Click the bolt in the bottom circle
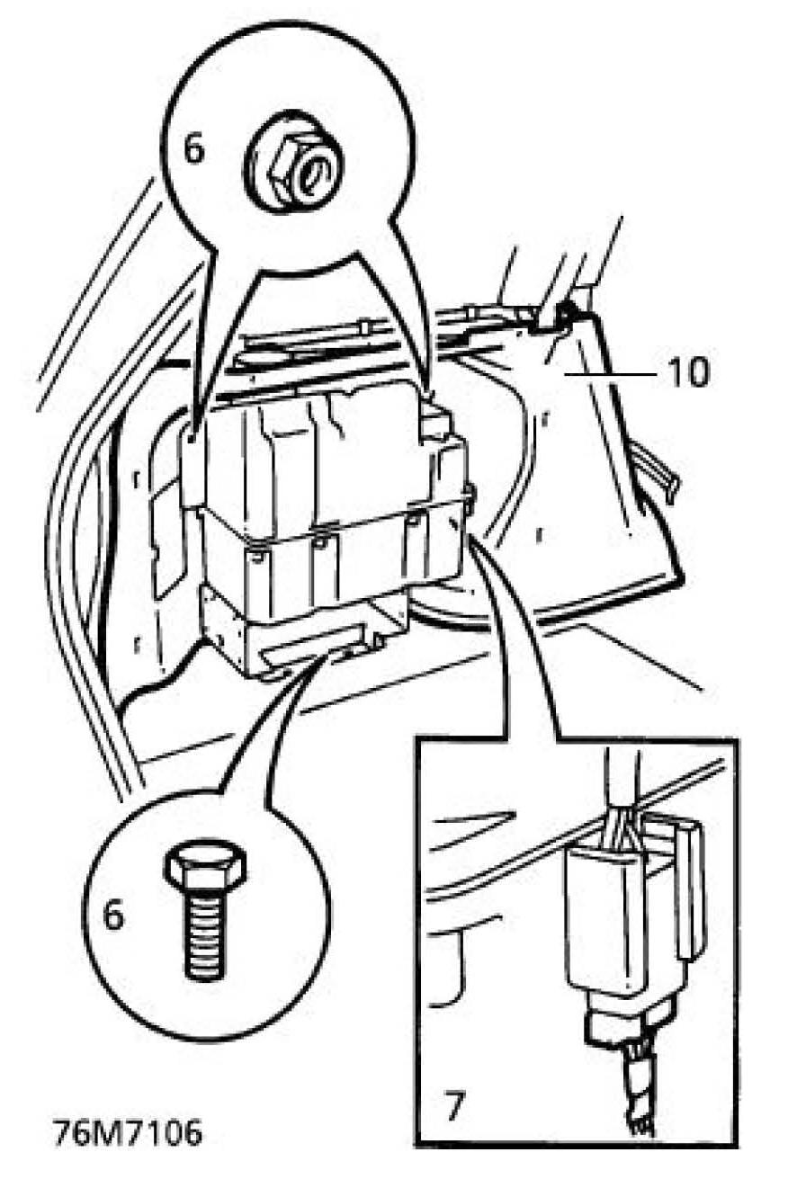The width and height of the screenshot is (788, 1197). [205, 907]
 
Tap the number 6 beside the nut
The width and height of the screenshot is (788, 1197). [193, 148]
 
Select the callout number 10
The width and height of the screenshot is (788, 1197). [688, 371]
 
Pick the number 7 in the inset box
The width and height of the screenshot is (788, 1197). [455, 1105]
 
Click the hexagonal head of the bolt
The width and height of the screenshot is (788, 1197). [205, 867]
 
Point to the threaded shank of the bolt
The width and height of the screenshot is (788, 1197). [205, 935]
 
